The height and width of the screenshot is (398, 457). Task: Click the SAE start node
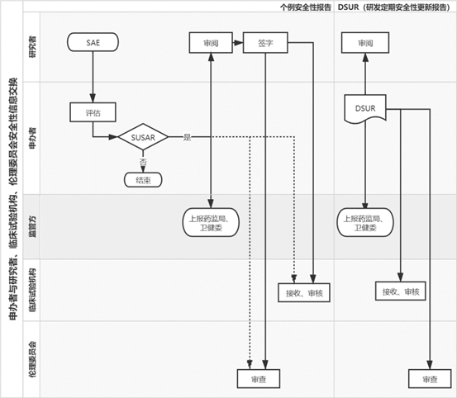click(x=93, y=42)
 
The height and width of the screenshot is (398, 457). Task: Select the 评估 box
click(x=93, y=112)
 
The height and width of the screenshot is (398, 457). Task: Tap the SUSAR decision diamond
click(x=143, y=137)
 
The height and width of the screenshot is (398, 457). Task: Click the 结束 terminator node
click(x=143, y=180)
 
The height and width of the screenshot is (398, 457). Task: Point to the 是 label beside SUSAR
click(x=187, y=137)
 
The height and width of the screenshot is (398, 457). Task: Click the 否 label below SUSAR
click(x=143, y=162)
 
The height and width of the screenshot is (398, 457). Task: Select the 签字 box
click(x=265, y=42)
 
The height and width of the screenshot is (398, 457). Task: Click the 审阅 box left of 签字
click(x=211, y=42)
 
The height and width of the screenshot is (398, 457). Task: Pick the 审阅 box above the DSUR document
click(x=365, y=42)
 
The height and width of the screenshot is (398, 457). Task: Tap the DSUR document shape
click(x=365, y=109)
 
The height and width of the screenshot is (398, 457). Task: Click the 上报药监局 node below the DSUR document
click(x=365, y=222)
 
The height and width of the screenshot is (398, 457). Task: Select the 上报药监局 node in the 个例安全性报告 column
click(x=211, y=222)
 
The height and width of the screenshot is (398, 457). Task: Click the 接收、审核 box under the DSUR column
click(x=401, y=291)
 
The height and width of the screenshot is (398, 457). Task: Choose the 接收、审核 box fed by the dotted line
click(x=304, y=292)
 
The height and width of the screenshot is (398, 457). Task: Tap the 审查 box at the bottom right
click(x=430, y=379)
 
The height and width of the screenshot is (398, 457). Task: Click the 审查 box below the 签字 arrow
click(x=259, y=379)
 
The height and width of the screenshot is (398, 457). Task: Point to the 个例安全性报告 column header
click(x=306, y=7)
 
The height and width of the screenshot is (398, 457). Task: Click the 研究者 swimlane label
click(x=33, y=46)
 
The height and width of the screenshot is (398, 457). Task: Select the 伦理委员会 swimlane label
click(x=33, y=359)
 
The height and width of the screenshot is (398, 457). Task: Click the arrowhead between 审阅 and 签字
click(x=238, y=43)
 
